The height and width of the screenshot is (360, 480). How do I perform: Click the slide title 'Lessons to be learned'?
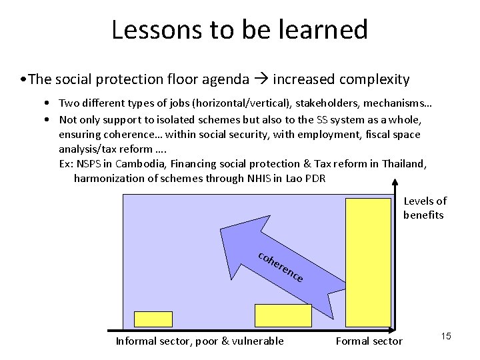pyautogui.click(x=239, y=29)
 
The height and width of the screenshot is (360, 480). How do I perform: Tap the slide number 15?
pyautogui.click(x=446, y=337)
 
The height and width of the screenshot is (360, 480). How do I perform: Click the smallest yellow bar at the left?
pyautogui.click(x=154, y=320)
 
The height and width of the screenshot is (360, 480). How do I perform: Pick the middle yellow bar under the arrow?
pyautogui.click(x=283, y=317)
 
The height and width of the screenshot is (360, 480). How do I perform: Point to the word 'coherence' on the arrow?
pyautogui.click(x=281, y=267)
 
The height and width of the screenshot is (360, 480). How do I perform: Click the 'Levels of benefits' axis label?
pyautogui.click(x=425, y=208)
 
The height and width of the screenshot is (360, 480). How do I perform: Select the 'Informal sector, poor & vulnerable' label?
pyautogui.click(x=199, y=341)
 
